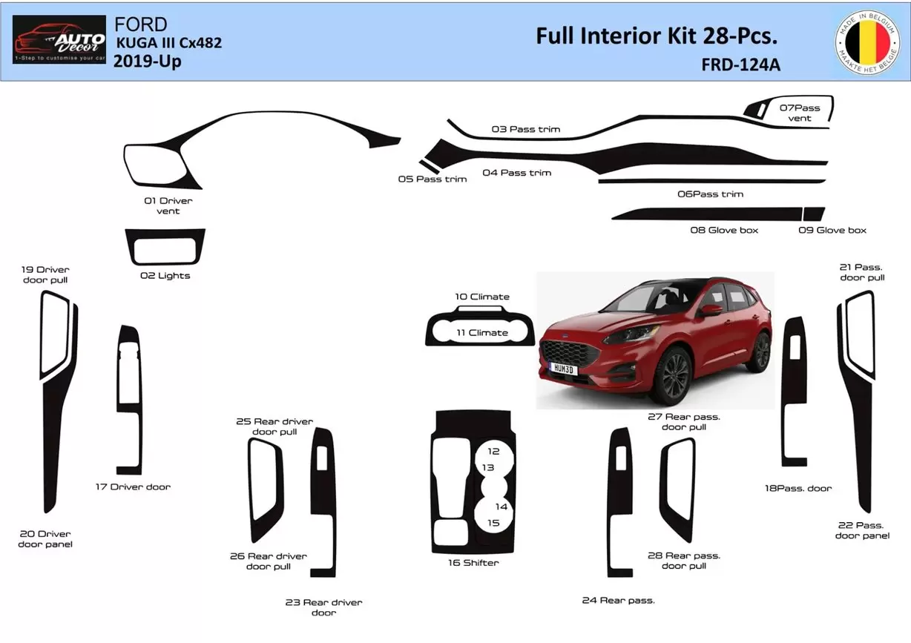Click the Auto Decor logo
[x=59, y=39]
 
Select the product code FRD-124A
[x=740, y=65]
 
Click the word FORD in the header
[x=141, y=24]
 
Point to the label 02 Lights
[x=165, y=276]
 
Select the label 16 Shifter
[x=473, y=563]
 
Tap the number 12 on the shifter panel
[x=493, y=451]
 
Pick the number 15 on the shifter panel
[x=493, y=523]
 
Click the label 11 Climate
[x=482, y=333]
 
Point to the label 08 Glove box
[x=724, y=231]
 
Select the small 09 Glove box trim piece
[x=814, y=214]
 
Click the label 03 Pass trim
[x=526, y=130]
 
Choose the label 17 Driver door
[x=133, y=487]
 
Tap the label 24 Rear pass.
[x=618, y=601]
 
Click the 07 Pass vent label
[x=800, y=113]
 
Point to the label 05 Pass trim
[x=433, y=179]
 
